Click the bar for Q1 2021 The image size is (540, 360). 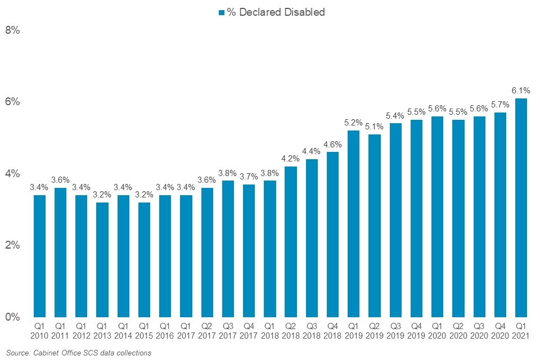pos(521,208)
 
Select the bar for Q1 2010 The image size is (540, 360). pos(39,256)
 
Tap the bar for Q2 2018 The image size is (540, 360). pos(291,241)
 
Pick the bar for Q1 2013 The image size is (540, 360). pos(102,259)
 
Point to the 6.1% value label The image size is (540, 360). pos(521,90)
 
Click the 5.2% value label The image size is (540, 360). pos(353,122)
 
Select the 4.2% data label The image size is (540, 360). pos(291,158)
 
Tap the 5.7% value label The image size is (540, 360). pos(500,104)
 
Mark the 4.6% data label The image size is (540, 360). pos(332,143)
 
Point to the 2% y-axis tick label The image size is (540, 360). pos(12,245)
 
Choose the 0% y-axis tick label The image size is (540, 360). pos(12,317)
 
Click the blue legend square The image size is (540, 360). pos(222,12)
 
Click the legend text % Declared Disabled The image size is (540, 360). pos(276,12)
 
